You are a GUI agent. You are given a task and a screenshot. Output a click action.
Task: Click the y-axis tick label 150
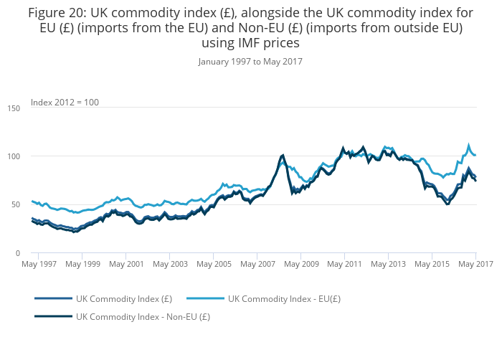coord(13,108)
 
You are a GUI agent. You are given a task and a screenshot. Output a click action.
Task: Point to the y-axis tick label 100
coord(13,156)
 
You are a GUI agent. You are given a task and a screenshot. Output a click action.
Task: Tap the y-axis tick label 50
coord(15,205)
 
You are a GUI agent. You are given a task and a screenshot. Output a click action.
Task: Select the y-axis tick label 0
coord(17,253)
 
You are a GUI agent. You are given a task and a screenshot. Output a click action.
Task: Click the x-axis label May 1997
coord(40,265)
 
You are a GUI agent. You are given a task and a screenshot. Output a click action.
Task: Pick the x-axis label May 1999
coord(84,265)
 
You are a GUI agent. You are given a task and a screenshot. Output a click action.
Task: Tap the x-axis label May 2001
coord(128,265)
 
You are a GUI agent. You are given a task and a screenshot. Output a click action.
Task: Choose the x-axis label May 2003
coord(171,265)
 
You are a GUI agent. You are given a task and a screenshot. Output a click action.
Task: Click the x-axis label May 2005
coord(214,265)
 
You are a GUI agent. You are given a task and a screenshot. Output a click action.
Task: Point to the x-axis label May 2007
coord(258,265)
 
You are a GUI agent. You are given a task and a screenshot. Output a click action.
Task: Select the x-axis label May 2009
coord(301,265)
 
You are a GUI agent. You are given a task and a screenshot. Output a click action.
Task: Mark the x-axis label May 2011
coord(345,265)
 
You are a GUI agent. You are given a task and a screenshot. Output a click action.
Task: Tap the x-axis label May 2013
coord(389,265)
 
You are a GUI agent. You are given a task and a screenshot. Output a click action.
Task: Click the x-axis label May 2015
coord(432,265)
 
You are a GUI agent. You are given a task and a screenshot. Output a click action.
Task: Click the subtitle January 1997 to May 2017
coord(250,62)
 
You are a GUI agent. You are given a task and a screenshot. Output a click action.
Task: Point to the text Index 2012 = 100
coord(65,103)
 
